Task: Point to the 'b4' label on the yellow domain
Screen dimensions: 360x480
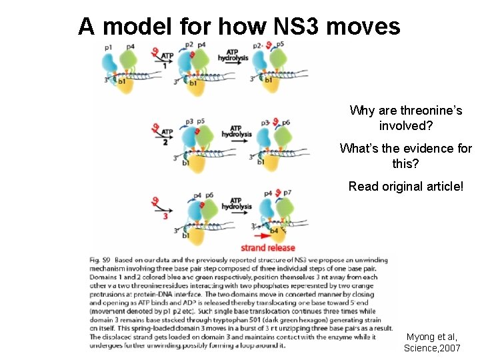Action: (274, 231)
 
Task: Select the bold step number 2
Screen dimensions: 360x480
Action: (165, 142)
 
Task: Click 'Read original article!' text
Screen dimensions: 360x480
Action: (405, 187)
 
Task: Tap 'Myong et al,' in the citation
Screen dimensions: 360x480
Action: (431, 337)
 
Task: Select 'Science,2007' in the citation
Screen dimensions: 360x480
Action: (431, 348)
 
